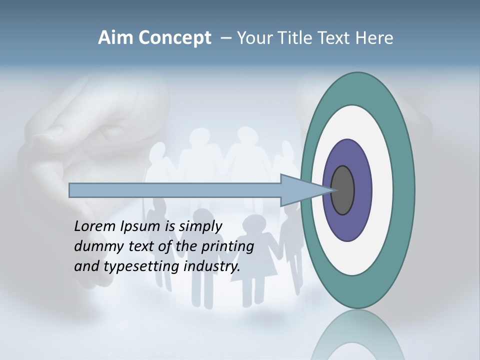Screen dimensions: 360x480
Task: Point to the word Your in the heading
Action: (255, 38)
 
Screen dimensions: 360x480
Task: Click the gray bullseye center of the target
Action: (343, 190)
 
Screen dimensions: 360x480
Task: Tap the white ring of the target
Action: (382, 190)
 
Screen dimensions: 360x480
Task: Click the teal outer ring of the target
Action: (403, 190)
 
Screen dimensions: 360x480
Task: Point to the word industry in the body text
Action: (211, 266)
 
